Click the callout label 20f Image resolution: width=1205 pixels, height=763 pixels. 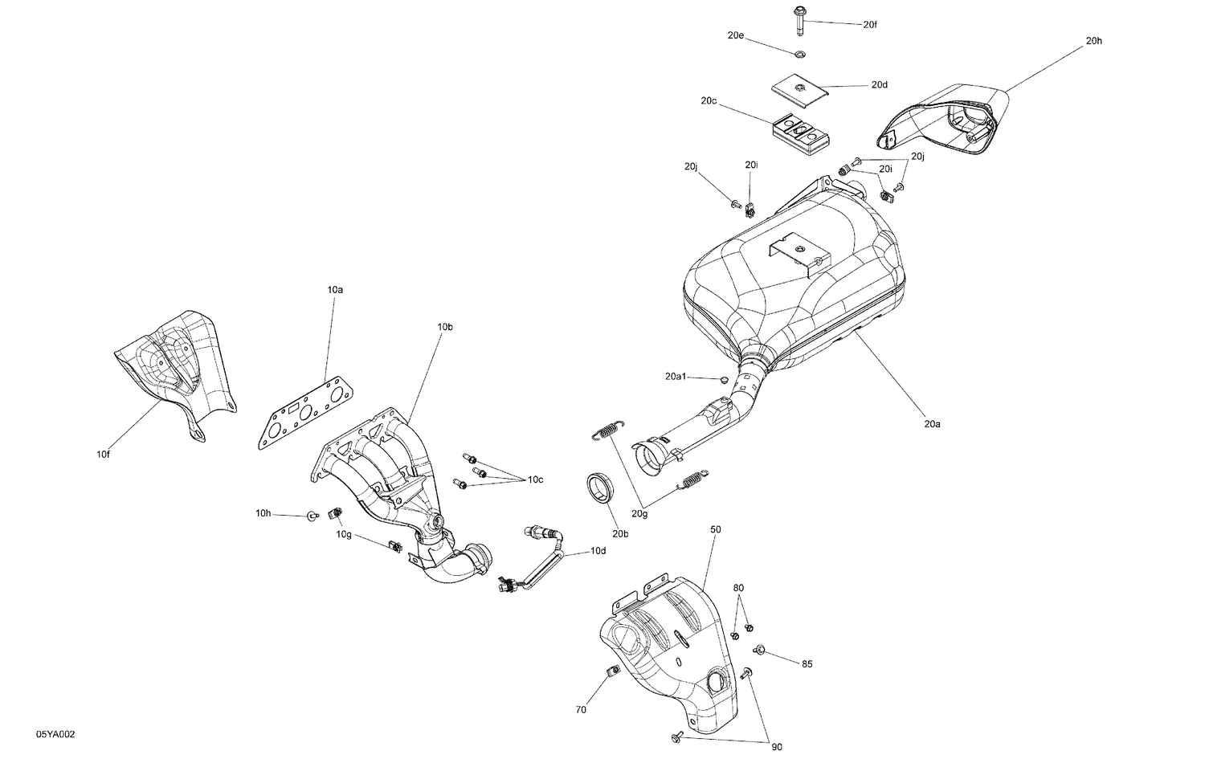[870, 25]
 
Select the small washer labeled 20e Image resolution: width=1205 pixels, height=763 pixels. [800, 55]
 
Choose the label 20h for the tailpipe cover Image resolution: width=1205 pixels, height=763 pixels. [1093, 41]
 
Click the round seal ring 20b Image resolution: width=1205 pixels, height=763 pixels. [599, 488]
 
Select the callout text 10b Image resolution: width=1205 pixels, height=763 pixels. [445, 327]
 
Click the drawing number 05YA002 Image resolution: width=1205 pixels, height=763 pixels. [55, 735]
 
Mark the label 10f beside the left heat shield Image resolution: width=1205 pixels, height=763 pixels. [102, 455]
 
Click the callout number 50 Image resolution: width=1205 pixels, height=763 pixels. [715, 530]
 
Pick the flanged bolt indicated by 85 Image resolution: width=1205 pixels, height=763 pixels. [759, 649]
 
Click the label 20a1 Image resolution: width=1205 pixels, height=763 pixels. [675, 376]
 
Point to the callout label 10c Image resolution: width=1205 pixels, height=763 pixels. [535, 479]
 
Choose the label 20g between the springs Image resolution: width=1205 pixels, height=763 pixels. [639, 513]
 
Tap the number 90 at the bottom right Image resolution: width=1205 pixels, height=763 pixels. [776, 748]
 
